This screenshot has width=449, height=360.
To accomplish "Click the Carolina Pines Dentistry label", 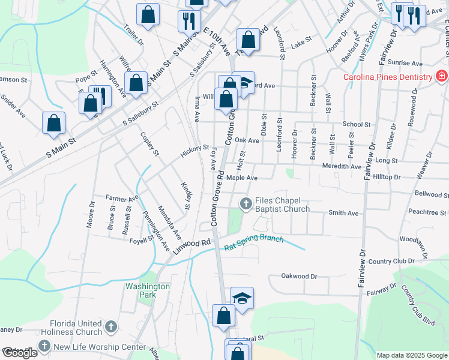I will coord(387,77).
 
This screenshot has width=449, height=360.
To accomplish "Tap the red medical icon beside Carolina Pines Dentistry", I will coord(441,76).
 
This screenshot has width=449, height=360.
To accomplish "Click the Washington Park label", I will coord(148,290).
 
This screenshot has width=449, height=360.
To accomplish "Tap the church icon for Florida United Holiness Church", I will coord(110,327).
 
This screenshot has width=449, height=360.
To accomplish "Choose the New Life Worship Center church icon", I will coord(44,346).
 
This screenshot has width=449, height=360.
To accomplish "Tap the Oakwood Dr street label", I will coord(298,277).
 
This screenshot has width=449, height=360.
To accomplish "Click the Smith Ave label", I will coord(343,213).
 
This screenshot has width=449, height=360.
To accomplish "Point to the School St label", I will coord(356,125).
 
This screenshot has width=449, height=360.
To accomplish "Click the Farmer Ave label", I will coord(122,197).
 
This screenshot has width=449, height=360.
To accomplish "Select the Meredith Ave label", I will coord(342,166).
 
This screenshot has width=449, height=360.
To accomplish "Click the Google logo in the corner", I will coord(20,353).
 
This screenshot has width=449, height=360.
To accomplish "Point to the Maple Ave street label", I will coord(241,178).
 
